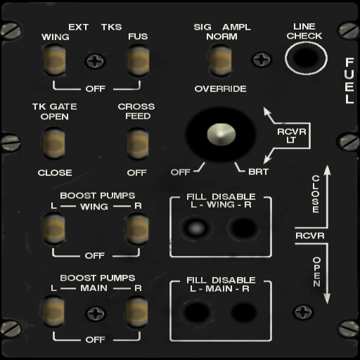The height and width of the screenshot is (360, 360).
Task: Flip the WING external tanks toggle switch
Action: [54, 60]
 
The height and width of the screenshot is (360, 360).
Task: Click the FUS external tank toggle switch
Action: [138, 60]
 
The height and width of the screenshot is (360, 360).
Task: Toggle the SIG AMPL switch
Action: [220, 60]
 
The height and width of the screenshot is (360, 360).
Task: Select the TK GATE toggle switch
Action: [53, 143]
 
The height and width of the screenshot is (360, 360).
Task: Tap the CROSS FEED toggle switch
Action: [138, 144]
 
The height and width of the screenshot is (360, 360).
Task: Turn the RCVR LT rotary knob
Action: [221, 134]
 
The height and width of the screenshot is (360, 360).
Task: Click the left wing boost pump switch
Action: [53, 229]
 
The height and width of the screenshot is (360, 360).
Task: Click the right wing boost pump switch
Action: [138, 229]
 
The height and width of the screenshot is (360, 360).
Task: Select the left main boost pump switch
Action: [53, 311]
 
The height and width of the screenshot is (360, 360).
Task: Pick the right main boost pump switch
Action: [137, 311]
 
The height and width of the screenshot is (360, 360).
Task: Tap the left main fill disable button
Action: [197, 312]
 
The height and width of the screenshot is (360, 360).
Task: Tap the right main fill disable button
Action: [244, 312]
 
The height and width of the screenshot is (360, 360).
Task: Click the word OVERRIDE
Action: [221, 89]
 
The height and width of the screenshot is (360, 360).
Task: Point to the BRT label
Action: [258, 172]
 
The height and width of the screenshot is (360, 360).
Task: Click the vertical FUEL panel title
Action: [349, 81]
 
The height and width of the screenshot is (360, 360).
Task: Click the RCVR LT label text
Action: [292, 136]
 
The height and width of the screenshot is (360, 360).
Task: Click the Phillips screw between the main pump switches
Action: [96, 314]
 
